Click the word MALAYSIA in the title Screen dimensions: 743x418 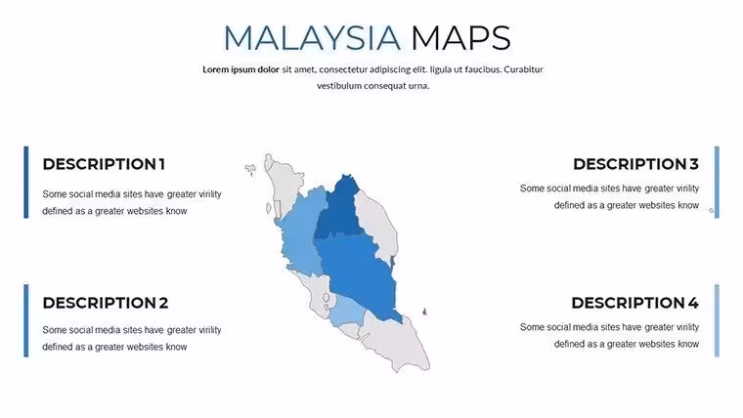[312, 38]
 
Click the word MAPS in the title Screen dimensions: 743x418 [460, 38]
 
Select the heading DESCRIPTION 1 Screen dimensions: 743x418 [104, 164]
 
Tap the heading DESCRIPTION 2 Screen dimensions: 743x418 [106, 303]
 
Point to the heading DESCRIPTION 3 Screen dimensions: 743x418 [635, 164]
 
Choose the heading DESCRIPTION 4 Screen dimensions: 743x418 [634, 303]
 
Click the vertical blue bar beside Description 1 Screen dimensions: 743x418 [26, 183]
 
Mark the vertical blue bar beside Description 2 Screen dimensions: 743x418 [26, 320]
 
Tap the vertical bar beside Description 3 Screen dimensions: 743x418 [717, 183]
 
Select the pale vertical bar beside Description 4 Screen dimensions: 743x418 [717, 320]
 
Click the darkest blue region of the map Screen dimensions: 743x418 [340, 208]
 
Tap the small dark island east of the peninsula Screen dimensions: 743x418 [424, 311]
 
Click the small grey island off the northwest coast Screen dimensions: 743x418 [250, 169]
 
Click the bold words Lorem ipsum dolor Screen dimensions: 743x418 [240, 69]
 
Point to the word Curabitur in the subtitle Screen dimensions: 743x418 [523, 69]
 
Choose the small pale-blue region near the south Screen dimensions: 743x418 [346, 313]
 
